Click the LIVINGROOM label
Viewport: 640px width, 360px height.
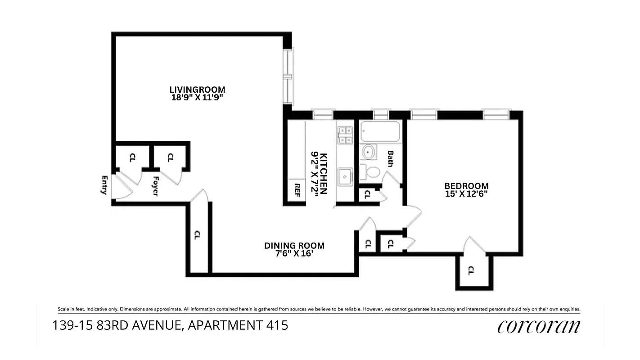pos(197,90)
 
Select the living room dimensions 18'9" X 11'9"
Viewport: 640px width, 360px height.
pos(197,97)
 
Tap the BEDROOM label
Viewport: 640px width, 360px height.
pos(466,186)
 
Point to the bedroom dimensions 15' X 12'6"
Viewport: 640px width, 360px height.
pos(466,194)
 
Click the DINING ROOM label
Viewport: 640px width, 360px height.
pos(294,246)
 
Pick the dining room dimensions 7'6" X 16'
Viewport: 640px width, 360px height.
pos(294,253)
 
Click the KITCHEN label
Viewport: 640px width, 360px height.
pos(323,173)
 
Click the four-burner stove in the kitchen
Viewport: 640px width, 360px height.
pos(346,135)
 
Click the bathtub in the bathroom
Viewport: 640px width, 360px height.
pos(380,131)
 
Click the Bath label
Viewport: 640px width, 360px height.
pos(390,158)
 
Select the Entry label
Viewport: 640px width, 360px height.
pos(104,185)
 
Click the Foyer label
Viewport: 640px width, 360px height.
pos(154,186)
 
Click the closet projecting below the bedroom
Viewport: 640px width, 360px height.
pos(474,272)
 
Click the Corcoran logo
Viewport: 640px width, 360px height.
pos(538,327)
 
